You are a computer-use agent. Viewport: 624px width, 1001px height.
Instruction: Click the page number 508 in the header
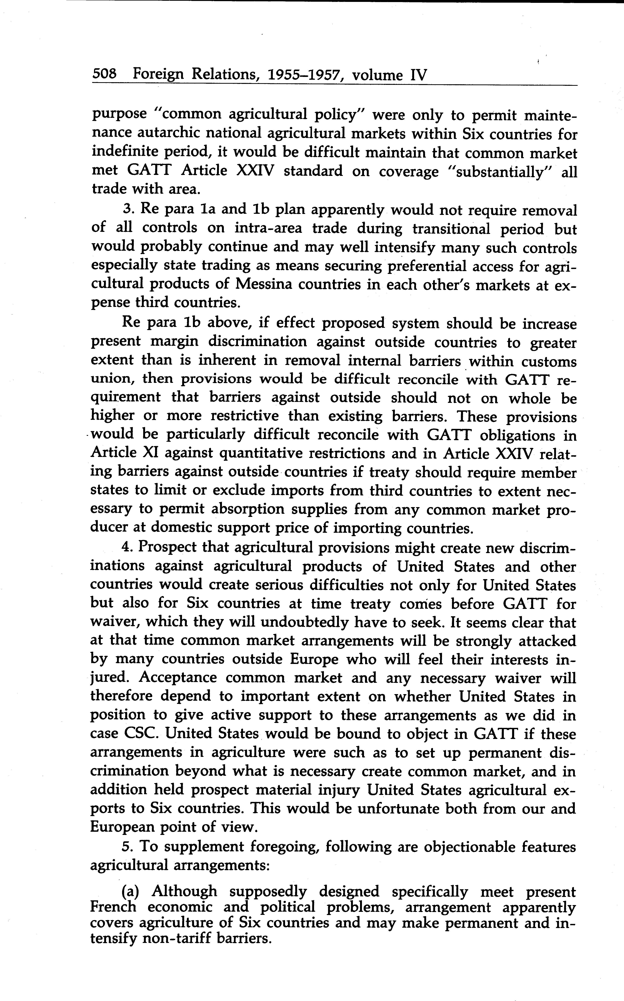[104, 74]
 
